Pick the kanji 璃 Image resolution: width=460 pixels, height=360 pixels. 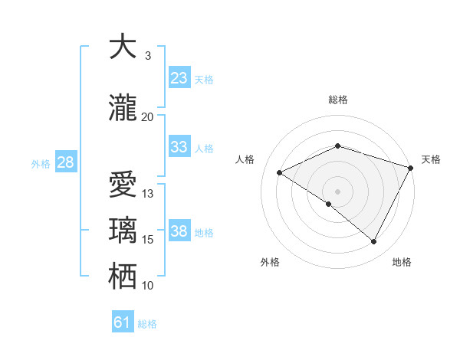(123, 231)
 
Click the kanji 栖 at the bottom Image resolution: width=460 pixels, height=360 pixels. (123, 277)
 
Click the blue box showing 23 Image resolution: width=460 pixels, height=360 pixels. (179, 78)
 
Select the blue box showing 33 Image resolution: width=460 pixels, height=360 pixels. (179, 147)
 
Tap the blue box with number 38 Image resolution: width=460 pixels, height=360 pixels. (179, 231)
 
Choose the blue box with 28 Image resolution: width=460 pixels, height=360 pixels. (65, 162)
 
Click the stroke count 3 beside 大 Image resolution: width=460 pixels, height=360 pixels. (148, 56)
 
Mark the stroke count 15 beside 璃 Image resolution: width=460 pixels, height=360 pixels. (148, 240)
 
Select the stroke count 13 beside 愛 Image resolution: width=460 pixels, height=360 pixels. (148, 194)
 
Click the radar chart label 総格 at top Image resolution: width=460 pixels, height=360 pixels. (338, 100)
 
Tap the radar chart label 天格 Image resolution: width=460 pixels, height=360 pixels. (431, 159)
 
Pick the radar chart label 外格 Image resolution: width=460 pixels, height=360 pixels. (270, 262)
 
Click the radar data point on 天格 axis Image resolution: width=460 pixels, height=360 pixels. (411, 167)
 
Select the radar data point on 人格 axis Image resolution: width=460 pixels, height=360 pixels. (280, 172)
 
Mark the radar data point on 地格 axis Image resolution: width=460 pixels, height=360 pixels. (374, 241)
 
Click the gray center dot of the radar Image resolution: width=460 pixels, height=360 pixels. (338, 191)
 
